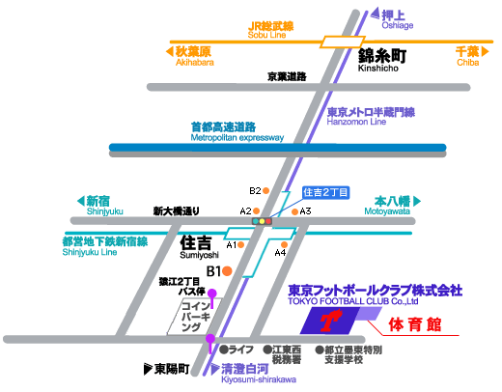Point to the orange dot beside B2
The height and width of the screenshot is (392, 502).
coord(266,191)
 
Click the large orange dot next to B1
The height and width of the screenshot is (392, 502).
coord(229,273)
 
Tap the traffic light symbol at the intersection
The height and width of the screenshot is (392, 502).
coord(263,222)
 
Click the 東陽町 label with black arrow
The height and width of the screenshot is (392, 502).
coord(165,369)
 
